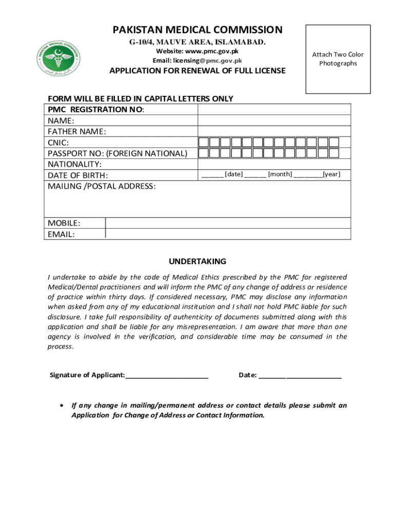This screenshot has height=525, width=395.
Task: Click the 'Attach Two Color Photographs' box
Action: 338,59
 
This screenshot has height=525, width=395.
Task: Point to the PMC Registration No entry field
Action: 274,109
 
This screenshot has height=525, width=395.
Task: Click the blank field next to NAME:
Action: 274,120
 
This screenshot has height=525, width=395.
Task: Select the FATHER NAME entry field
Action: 274,131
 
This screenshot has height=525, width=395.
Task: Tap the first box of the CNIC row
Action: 203,142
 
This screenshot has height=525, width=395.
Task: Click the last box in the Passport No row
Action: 334,153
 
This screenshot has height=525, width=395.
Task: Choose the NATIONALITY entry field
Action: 274,164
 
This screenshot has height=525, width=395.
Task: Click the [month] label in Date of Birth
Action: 280,174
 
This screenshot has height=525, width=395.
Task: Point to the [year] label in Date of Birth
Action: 331,174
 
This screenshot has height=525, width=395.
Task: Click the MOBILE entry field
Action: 228,223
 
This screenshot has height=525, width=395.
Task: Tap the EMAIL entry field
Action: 228,234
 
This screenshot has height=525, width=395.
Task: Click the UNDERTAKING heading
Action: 197,261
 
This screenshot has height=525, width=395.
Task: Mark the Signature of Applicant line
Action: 167,375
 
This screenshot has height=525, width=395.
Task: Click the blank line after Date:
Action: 300,375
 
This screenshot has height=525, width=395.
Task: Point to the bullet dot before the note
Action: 62,405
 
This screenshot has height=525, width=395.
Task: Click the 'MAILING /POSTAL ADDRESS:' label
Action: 102,186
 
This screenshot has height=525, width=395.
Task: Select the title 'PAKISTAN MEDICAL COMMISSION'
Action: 197,30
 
